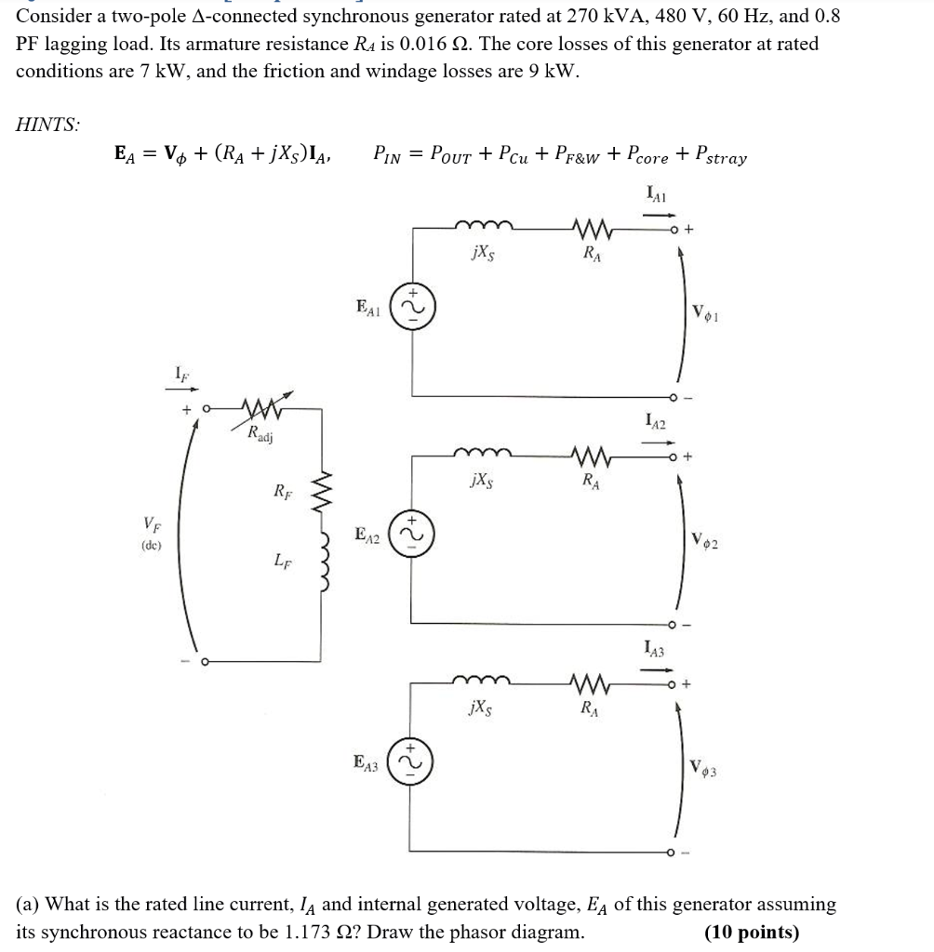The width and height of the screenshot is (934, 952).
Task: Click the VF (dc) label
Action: coord(149,534)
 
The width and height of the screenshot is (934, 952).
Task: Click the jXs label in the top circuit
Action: coord(483,253)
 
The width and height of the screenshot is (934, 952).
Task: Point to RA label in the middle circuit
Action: coord(589,482)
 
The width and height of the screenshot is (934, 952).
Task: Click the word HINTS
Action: coord(48,125)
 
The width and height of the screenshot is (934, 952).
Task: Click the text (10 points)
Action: coord(752,932)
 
